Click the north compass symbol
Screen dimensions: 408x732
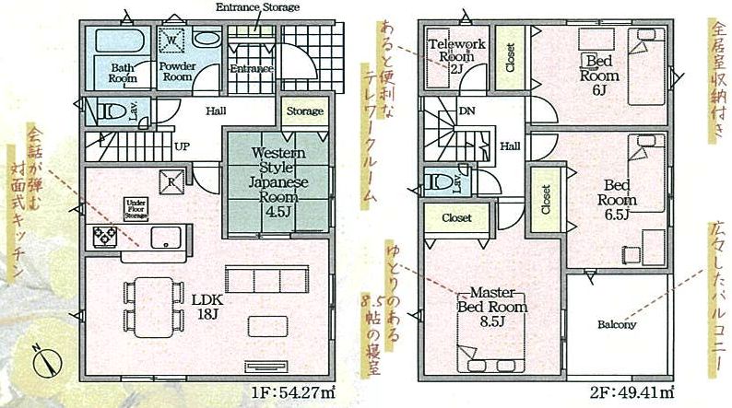(45, 359)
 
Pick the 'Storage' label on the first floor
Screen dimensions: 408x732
(304, 112)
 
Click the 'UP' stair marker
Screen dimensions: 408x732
(183, 146)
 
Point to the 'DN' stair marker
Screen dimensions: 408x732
(467, 111)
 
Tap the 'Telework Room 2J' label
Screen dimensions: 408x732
(455, 54)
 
